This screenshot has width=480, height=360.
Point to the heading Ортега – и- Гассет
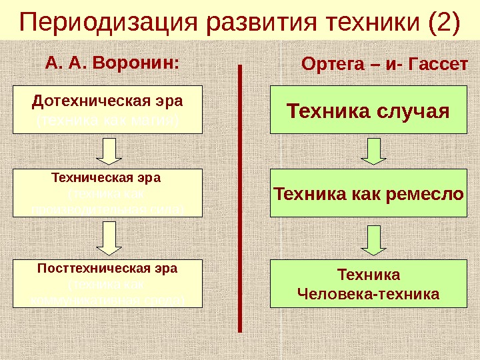tap(385, 65)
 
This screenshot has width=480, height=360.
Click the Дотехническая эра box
tap(107, 110)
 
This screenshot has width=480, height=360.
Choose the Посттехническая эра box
tap(107, 283)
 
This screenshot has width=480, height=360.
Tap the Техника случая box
tap(369, 110)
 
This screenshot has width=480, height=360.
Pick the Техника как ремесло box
tap(369, 194)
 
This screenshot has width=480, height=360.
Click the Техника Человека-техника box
tap(369, 284)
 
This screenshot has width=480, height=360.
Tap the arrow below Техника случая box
tap(374, 151)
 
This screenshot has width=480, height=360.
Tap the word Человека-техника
tap(369, 293)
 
